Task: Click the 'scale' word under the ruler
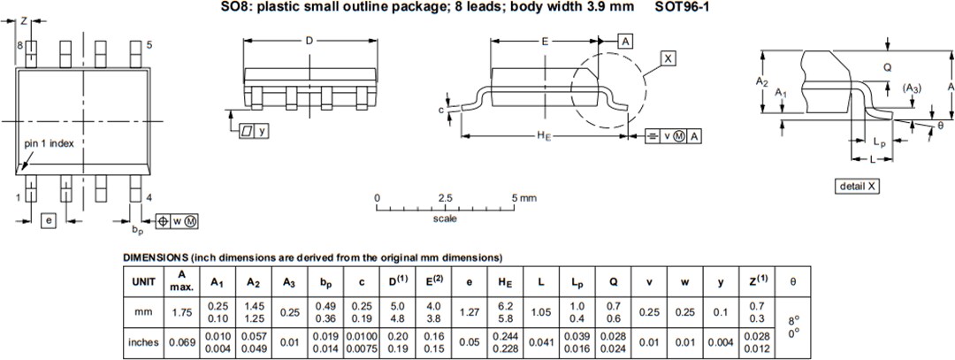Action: point(445,218)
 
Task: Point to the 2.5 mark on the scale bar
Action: point(445,197)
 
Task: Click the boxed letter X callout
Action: point(668,58)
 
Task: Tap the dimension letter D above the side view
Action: point(309,41)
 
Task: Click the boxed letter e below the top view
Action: point(50,219)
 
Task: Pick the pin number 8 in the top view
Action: point(19,44)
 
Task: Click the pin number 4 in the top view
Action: point(149,197)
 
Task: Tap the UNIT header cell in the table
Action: point(144,281)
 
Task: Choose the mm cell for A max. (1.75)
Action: point(180,311)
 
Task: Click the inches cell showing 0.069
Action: point(180,342)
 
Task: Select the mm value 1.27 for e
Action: point(469,311)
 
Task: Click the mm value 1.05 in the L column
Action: point(540,311)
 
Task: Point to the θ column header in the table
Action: point(792,281)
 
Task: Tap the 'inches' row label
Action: point(144,342)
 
